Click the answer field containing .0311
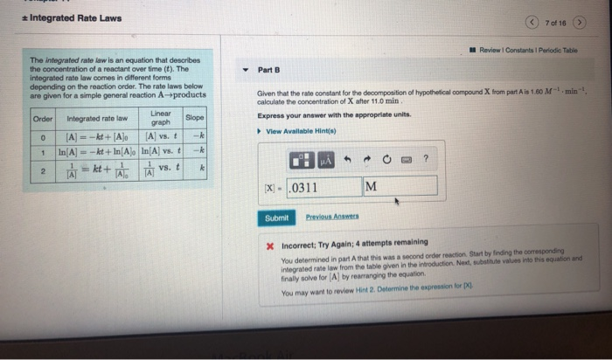[x=323, y=186]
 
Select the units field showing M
[x=399, y=186]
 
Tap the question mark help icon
[x=425, y=159]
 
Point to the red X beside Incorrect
[x=270, y=245]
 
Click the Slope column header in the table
[x=195, y=118]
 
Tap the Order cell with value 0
[x=42, y=136]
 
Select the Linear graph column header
[x=160, y=118]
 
